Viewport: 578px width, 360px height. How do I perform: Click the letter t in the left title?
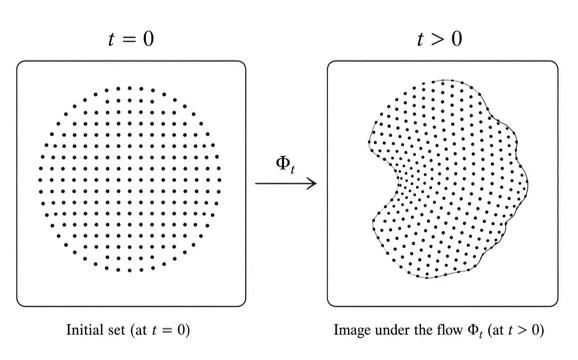click(x=111, y=39)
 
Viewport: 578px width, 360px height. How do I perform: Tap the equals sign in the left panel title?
click(x=129, y=39)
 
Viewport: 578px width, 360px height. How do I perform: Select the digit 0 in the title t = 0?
click(x=148, y=39)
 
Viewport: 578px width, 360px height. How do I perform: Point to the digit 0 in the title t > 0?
click(x=457, y=39)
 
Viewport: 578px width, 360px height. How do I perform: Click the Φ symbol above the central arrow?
click(x=283, y=162)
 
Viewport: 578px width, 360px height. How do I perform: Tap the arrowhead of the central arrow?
click(x=313, y=183)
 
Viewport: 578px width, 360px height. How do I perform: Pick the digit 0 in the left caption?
click(x=181, y=329)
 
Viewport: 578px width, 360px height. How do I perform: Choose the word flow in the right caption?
click(x=449, y=329)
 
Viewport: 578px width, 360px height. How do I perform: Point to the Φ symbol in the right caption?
click(x=473, y=329)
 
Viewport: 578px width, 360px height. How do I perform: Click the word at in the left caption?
click(x=141, y=330)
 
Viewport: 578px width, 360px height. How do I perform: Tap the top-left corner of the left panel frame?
click(x=17, y=62)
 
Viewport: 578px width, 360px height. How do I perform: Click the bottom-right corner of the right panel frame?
click(x=557, y=305)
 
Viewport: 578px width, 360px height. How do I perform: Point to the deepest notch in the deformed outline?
click(x=397, y=184)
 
